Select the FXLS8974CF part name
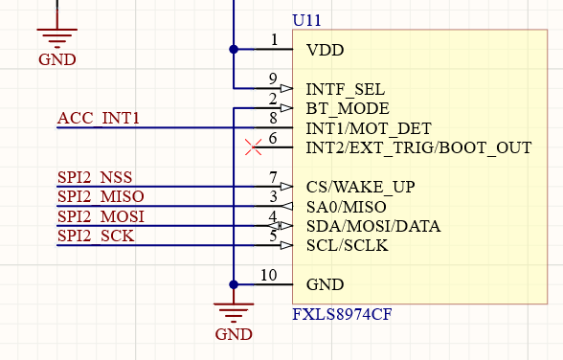342,314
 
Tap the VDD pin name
325,50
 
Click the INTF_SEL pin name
345,89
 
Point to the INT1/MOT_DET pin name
368,128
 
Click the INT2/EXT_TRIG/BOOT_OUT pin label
418,148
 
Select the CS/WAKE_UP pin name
360,187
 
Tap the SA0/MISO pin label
346,207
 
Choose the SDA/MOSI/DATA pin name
372,226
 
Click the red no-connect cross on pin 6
254,147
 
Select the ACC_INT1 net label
99,119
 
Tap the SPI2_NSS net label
95,177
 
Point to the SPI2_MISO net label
101,197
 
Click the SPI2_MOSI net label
101,216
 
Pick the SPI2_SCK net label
96,236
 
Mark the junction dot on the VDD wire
234,49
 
